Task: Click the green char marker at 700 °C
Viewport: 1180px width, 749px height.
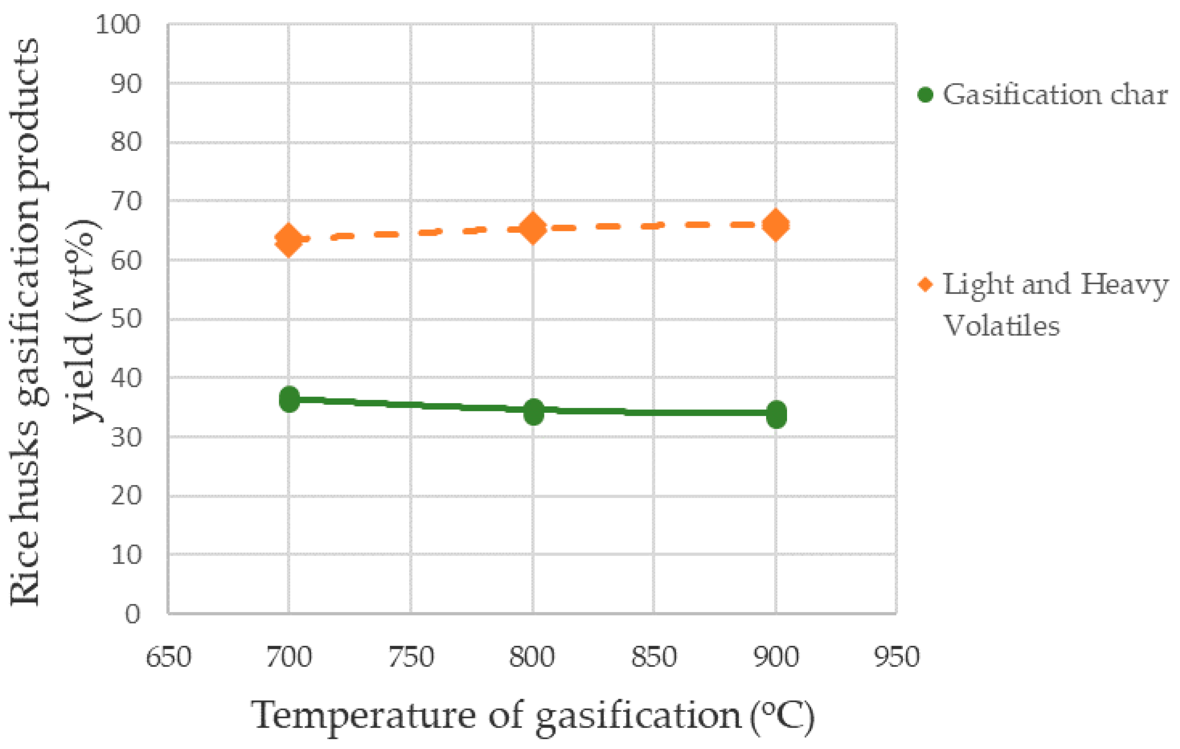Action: point(289,399)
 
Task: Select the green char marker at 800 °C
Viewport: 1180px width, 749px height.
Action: point(533,411)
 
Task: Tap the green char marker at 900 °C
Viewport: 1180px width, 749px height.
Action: point(776,414)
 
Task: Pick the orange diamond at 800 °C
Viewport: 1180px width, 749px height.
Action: point(533,227)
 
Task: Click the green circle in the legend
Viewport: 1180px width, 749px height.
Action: point(925,94)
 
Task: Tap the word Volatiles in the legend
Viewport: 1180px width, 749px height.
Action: point(1001,326)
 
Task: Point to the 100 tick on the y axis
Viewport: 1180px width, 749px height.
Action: point(118,25)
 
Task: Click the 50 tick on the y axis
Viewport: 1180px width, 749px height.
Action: point(125,319)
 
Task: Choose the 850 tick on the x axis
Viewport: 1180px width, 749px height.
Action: point(654,657)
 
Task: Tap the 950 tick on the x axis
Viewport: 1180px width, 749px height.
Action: point(897,657)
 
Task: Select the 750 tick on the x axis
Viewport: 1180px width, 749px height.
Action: point(411,657)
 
